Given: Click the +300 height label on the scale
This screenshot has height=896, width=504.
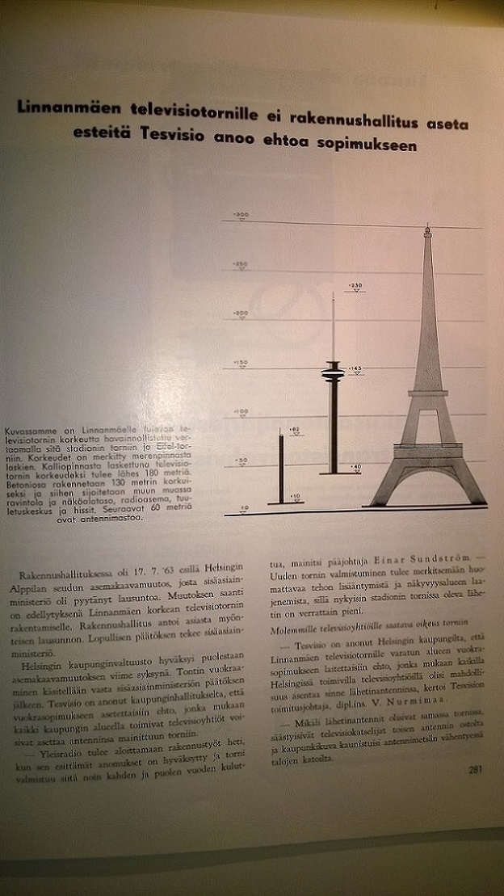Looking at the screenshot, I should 241,213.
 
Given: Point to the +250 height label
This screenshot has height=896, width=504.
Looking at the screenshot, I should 239,263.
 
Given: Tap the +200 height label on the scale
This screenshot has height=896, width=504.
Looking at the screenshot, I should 239,313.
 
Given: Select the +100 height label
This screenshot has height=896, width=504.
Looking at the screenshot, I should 239,412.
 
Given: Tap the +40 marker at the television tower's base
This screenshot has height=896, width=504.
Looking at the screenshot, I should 356,469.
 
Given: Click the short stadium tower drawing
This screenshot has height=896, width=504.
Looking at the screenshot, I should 280,469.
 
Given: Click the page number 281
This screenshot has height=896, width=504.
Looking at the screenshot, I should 474,768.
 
